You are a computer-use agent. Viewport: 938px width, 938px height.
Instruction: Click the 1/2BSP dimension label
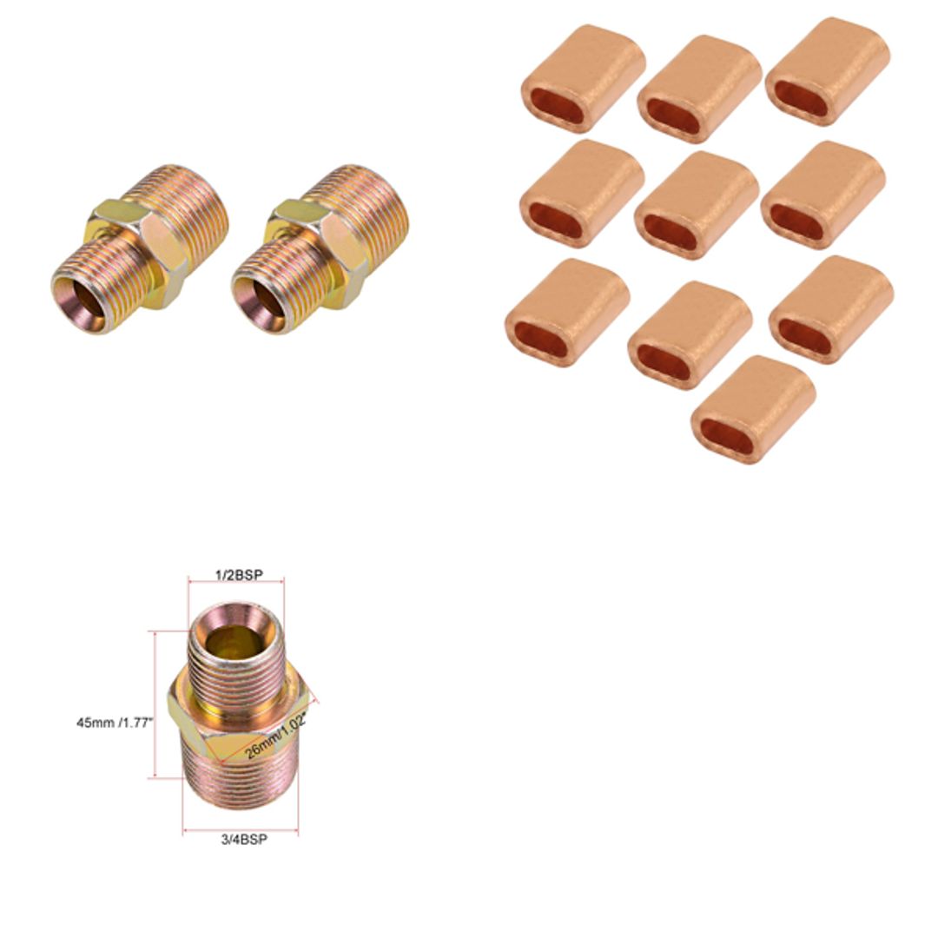point(238,576)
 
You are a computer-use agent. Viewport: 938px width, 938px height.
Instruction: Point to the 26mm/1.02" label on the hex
point(276,738)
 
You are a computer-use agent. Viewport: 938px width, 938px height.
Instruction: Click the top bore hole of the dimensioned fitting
point(235,641)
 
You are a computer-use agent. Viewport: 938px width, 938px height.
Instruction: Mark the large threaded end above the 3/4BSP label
point(240,786)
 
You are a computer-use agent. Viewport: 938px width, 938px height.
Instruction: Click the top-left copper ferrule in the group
point(583,78)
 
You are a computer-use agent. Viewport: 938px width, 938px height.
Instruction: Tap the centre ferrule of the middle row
point(697,205)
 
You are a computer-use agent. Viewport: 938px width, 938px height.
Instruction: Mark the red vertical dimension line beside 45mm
point(155,703)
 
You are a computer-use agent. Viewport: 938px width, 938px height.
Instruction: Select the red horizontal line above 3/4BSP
point(240,830)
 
